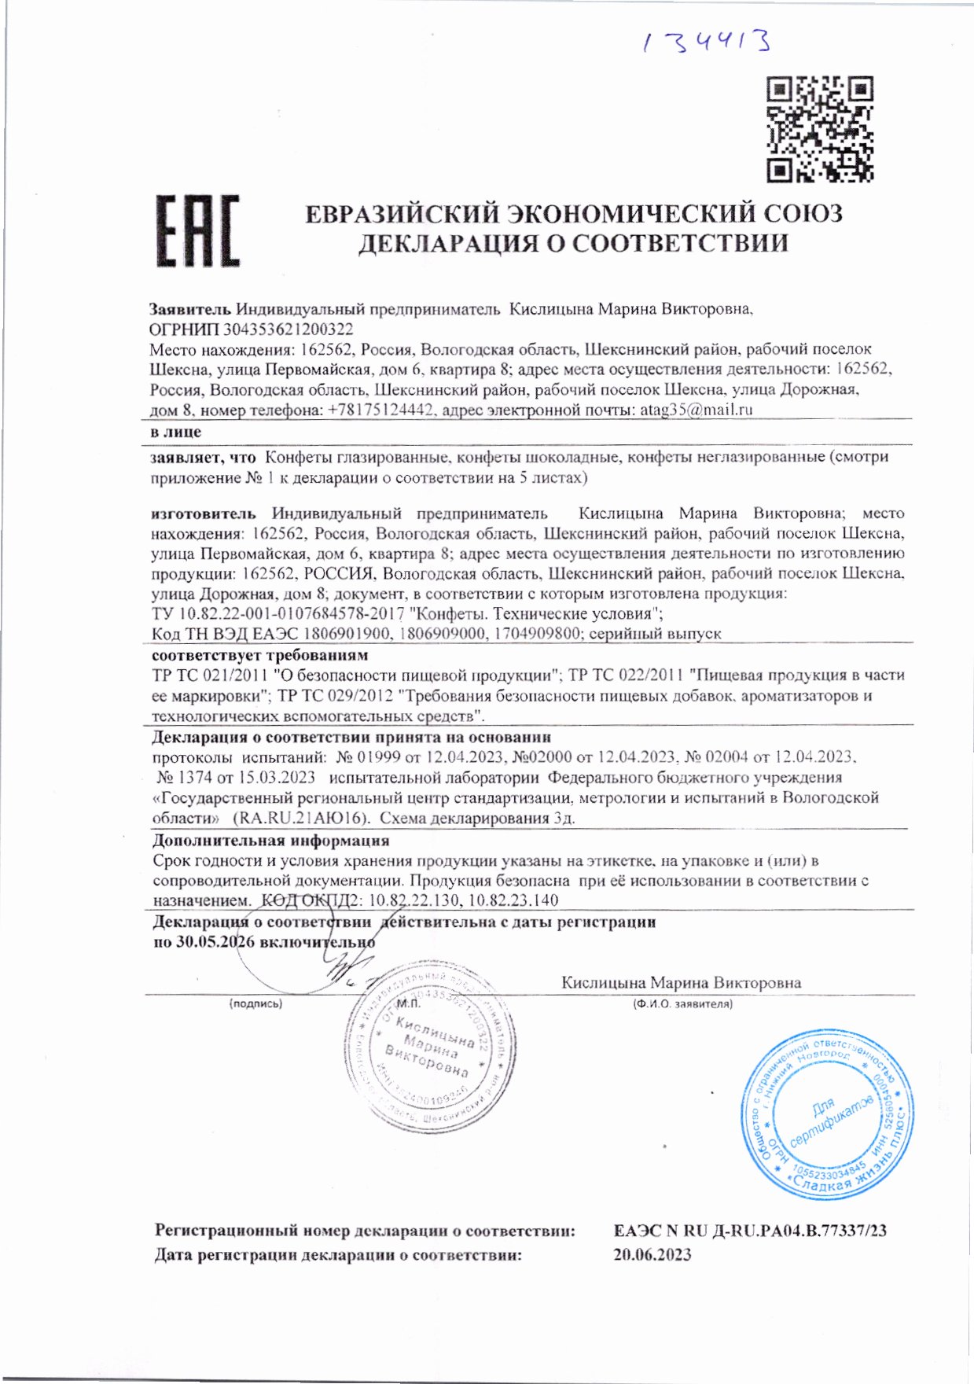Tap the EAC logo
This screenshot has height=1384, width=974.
[197, 231]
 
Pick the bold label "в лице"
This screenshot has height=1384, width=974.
[176, 432]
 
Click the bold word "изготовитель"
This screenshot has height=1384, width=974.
[204, 513]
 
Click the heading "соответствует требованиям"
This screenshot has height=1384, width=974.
[259, 655]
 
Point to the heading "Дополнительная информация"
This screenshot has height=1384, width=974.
[270, 840]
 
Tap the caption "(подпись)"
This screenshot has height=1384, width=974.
[255, 1004]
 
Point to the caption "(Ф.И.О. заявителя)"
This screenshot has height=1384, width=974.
[682, 1004]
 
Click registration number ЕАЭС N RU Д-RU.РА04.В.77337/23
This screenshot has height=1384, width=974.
[750, 1231]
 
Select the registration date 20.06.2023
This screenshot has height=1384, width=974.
[652, 1255]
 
